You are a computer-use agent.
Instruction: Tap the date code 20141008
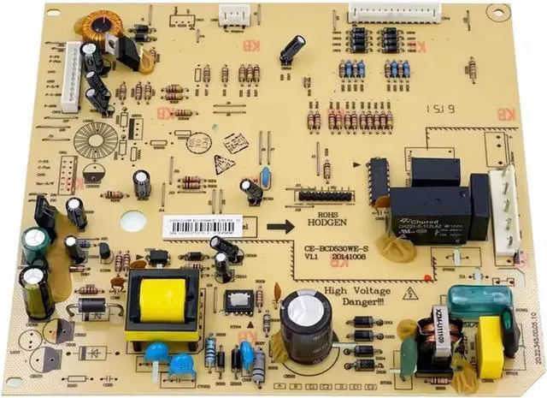pos(350,257)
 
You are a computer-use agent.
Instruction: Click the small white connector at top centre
pos(234,13)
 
